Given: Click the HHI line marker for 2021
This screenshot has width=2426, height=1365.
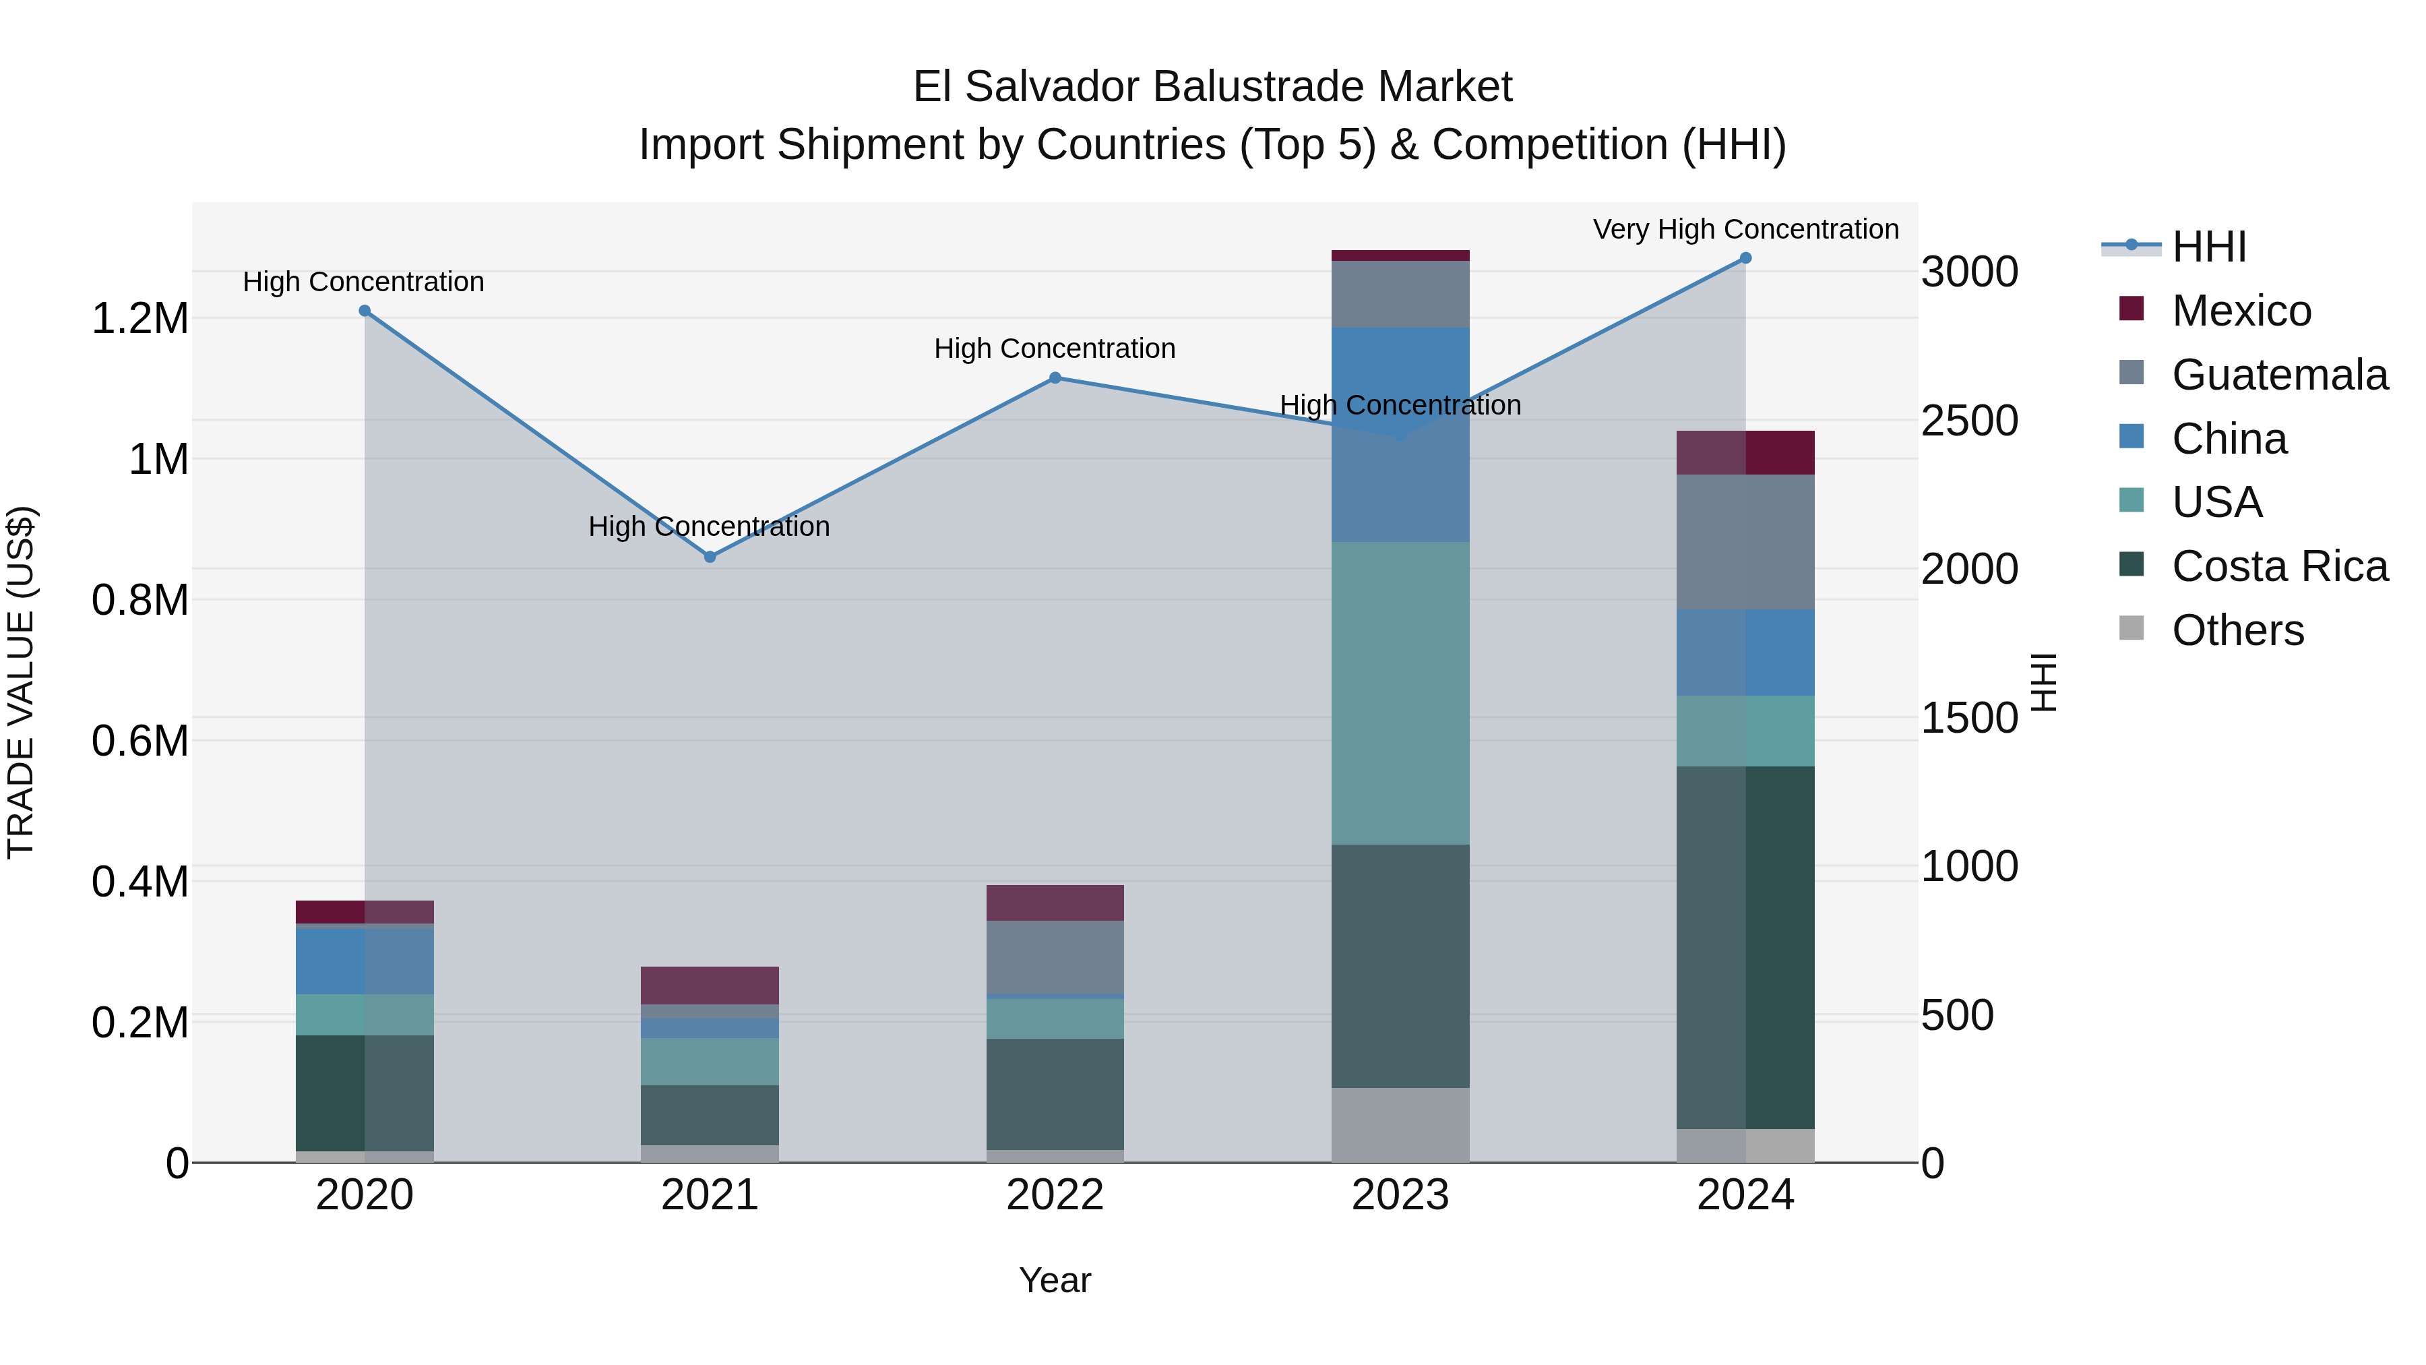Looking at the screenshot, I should pos(710,557).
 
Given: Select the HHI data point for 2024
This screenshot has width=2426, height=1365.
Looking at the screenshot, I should pos(1745,258).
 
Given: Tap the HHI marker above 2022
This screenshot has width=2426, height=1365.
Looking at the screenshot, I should pos(1055,377).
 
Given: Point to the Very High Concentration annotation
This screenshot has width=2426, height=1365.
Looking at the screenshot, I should pos(1745,229).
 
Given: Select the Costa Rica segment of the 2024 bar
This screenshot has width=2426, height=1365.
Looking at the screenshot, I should pos(1745,947).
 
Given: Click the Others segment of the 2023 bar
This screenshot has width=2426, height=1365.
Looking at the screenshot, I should pos(1400,1125).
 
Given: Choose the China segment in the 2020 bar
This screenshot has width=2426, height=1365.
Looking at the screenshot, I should pos(365,961).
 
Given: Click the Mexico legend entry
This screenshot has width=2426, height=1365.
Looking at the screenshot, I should pos(2241,311).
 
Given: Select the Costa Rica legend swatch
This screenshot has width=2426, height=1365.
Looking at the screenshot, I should pos(2132,566).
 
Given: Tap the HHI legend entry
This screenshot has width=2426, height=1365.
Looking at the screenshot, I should pos(2208,247).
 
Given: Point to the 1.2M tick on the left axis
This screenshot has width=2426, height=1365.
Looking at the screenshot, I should pos(139,318).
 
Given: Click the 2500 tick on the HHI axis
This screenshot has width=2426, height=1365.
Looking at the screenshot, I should pos(1969,421).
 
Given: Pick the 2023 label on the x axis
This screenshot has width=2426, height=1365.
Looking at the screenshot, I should pos(1400,1195).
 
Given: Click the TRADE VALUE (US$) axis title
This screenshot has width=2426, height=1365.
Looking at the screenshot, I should pos(21,682).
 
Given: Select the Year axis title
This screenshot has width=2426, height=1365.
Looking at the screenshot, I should pos(1055,1280).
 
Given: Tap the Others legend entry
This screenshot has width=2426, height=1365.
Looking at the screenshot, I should pos(2237,630).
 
